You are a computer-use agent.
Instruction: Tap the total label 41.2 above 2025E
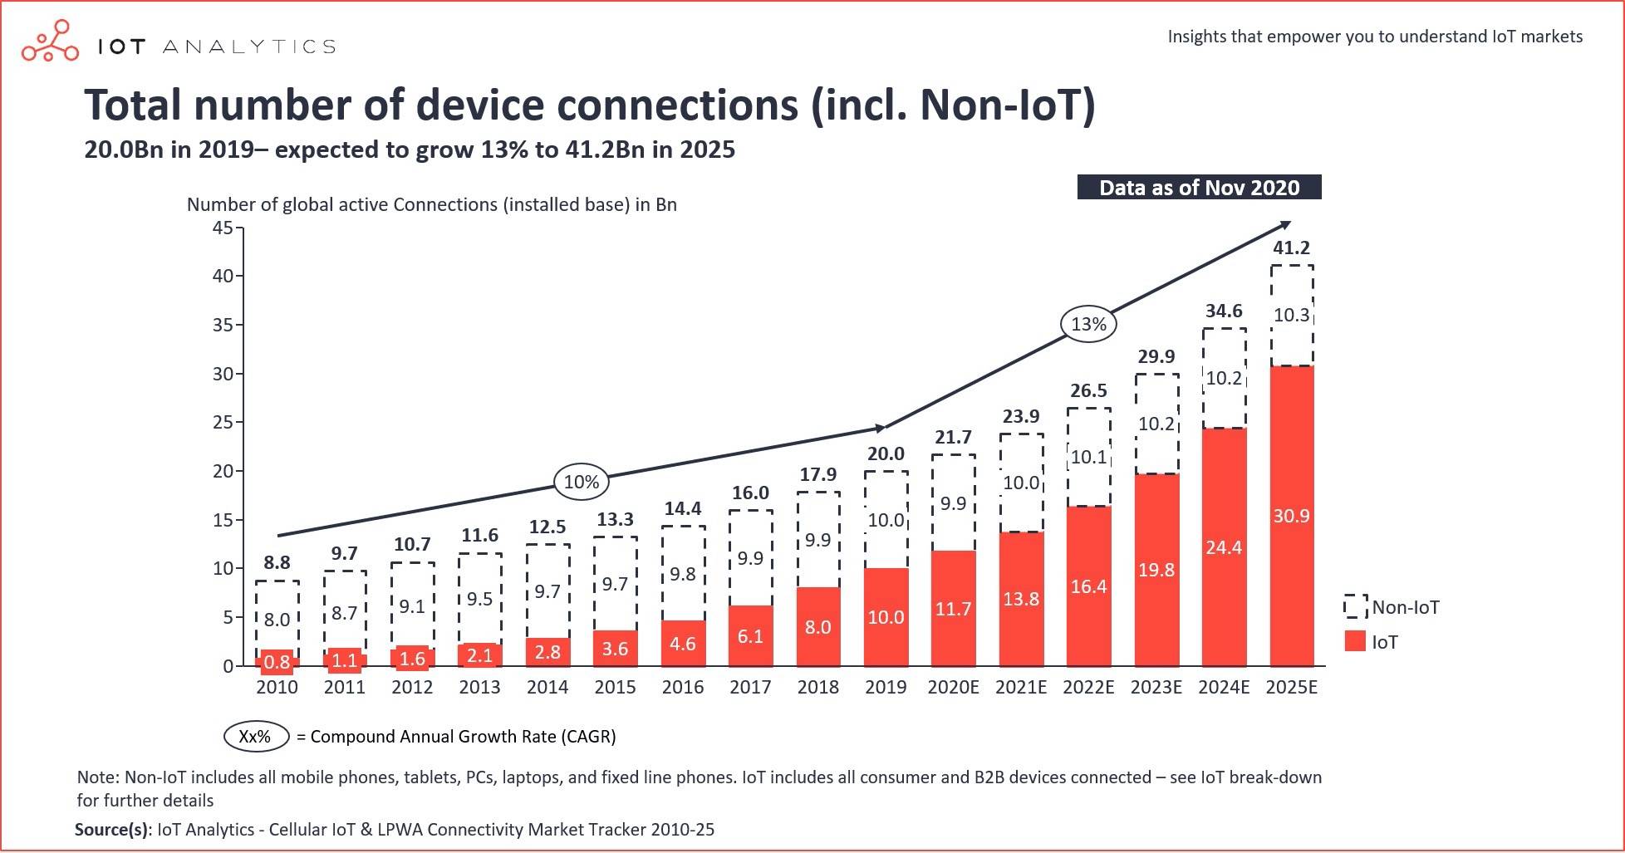click(1292, 248)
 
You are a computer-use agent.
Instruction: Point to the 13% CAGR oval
click(1088, 324)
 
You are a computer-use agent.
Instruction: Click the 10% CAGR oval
click(582, 482)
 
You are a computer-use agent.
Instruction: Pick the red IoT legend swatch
click(1355, 641)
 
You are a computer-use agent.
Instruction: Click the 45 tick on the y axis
click(223, 228)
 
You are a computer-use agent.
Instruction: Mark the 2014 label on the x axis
click(547, 688)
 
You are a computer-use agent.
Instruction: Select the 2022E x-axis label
click(1088, 688)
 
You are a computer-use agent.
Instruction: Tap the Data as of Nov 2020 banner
click(1199, 188)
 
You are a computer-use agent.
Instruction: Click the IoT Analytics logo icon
click(50, 42)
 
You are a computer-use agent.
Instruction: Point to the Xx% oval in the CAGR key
click(256, 737)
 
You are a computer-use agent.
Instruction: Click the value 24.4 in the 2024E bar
click(1224, 547)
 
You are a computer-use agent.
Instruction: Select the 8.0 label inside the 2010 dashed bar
click(277, 620)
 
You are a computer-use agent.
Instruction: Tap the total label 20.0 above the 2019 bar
click(886, 454)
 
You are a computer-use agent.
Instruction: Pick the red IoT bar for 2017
click(750, 635)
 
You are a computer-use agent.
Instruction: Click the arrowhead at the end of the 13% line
click(1286, 224)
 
